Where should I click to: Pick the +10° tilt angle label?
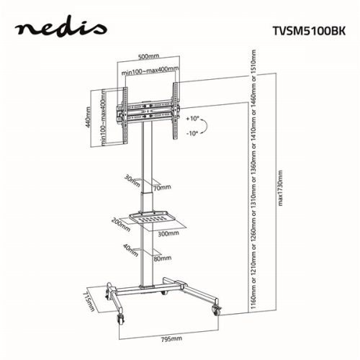click(191, 117)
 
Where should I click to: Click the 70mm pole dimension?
click(163, 187)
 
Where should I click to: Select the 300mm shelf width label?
click(167, 234)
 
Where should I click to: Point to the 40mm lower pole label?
click(130, 249)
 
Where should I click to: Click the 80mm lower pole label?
click(162, 257)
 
